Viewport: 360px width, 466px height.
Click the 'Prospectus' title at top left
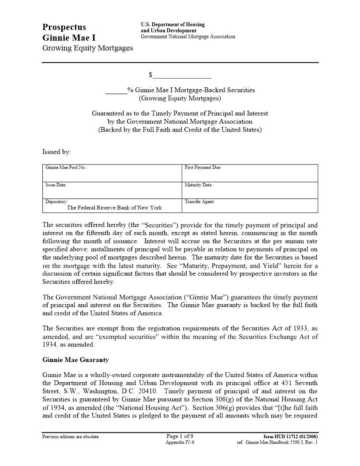pos(64,27)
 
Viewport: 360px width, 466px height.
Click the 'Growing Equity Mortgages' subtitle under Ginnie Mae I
pos(87,48)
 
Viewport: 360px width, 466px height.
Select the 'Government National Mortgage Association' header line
pos(187,37)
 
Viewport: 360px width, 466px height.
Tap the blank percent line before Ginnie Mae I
pos(116,90)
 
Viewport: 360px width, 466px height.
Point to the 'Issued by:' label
pos(56,152)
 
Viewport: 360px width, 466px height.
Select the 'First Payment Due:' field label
pos(202,168)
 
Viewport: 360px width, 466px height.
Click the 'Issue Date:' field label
pos(56,185)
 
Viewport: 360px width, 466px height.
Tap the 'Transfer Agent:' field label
pos(199,202)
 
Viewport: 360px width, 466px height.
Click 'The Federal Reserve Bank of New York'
pos(114,208)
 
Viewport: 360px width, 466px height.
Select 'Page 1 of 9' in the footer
pos(180,436)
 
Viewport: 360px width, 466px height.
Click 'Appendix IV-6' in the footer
pos(180,442)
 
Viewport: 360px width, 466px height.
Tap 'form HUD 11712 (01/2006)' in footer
pos(287,437)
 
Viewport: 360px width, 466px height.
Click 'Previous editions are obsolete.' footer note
pos(71,437)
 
